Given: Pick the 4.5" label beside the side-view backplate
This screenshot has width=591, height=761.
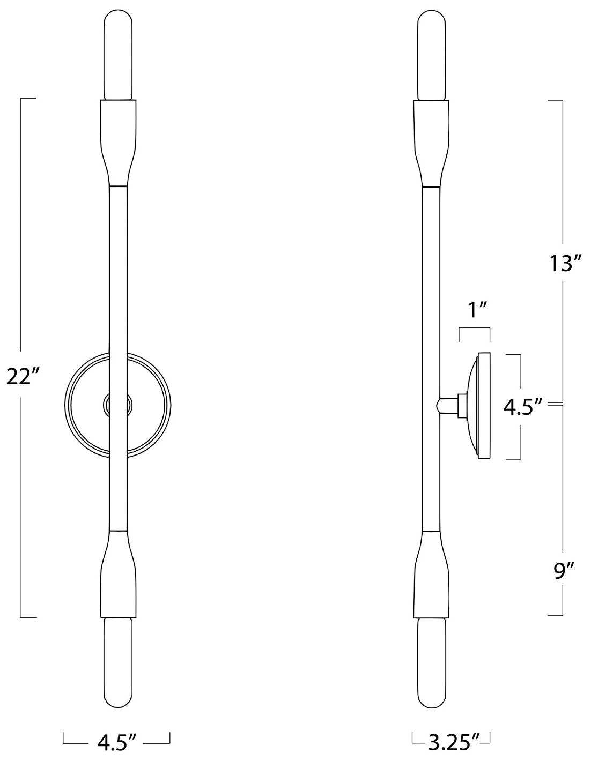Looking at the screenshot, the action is pyautogui.click(x=523, y=407).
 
